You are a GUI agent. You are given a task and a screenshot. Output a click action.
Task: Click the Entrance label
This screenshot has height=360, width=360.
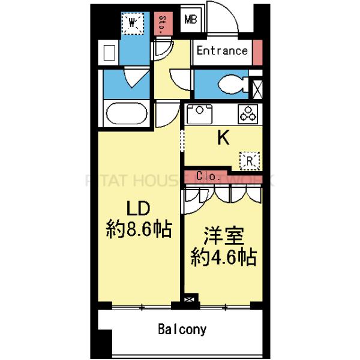point(223,51)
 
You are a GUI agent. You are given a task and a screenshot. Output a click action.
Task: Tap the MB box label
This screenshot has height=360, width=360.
point(190,20)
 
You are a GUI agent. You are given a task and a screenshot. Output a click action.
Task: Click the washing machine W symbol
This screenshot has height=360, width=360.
point(134,23)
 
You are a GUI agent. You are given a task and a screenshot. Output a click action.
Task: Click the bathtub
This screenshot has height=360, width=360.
point(126,113)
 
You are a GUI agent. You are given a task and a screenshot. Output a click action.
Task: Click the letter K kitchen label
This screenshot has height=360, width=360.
point(223,139)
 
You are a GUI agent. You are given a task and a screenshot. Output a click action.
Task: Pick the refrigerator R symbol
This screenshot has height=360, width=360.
point(250,160)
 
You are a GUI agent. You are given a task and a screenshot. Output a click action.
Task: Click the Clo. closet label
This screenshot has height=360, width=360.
point(209,176)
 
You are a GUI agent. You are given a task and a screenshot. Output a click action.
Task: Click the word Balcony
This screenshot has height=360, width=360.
point(182,329)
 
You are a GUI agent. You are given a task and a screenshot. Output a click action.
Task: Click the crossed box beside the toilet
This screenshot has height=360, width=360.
point(257,88)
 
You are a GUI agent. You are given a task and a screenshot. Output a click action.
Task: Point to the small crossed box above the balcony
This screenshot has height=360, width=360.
point(190,298)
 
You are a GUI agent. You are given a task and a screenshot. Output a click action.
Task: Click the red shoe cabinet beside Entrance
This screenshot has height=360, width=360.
point(257,50)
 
